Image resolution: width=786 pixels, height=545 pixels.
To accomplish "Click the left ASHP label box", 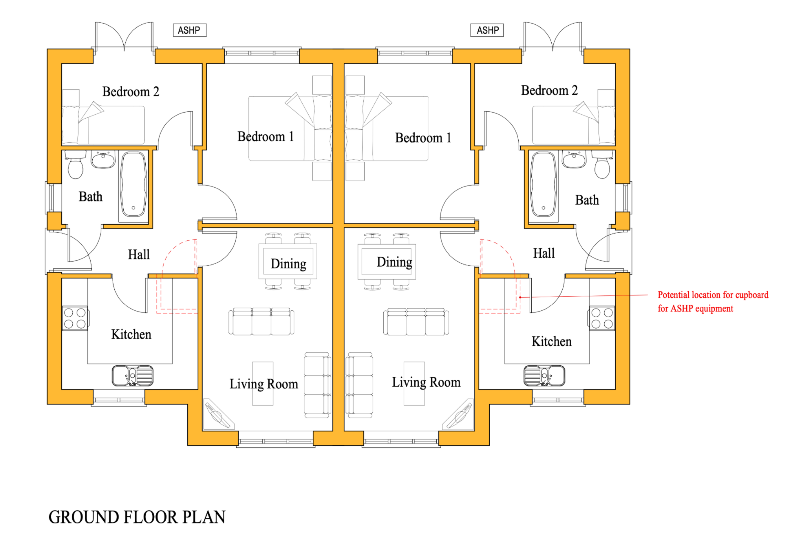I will (x=189, y=30).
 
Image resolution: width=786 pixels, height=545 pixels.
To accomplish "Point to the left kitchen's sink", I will (x=133, y=376).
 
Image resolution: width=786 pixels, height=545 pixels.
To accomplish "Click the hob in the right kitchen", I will (x=602, y=318).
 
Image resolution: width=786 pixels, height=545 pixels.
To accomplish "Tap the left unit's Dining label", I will (x=288, y=264).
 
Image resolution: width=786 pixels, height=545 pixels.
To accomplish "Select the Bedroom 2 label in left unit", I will (x=131, y=92).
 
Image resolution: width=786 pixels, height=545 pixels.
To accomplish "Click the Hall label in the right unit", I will (x=544, y=253).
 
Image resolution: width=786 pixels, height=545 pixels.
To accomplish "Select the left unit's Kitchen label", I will (x=131, y=334).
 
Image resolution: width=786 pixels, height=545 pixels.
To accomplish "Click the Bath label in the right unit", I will (x=587, y=200).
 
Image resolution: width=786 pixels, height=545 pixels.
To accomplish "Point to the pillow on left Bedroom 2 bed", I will (x=71, y=125).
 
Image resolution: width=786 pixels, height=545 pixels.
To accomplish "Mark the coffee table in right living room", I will (x=414, y=383).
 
